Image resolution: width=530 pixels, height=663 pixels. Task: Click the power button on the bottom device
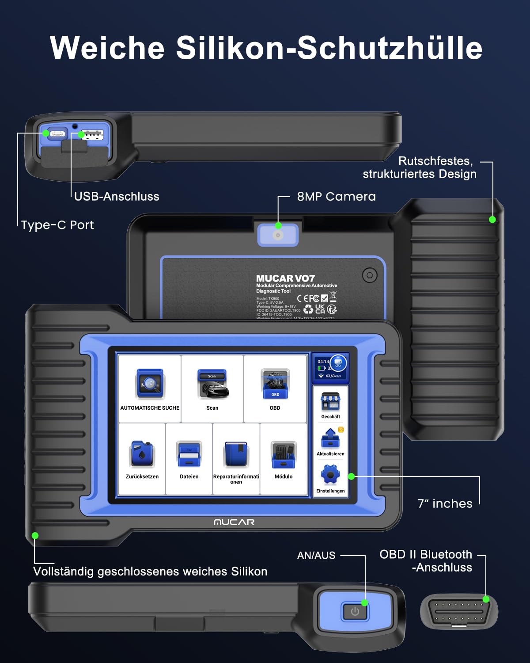point(355,611)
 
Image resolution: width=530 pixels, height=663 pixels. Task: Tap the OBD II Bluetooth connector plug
point(458,612)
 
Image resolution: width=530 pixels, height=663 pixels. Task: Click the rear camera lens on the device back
point(278,235)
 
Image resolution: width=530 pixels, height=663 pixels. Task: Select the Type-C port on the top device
point(57,133)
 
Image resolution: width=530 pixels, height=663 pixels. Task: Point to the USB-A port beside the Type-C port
point(93,134)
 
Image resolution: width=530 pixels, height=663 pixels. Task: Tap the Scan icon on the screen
point(212,384)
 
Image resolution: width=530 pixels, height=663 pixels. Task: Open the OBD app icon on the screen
point(275,384)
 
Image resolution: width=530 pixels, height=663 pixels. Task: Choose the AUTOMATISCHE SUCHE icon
point(150,384)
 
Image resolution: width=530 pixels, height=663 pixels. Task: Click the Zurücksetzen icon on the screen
point(142,454)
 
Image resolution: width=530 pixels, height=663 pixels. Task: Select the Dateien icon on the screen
point(189,454)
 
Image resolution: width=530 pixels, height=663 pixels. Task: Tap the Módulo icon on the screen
point(284,454)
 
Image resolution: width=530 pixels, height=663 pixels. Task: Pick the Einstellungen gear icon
point(330,475)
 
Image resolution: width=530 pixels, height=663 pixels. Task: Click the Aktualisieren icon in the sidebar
point(330,438)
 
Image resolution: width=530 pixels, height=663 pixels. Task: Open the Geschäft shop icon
point(330,402)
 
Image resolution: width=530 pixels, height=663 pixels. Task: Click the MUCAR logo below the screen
point(234,522)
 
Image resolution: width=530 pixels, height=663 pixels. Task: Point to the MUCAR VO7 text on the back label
point(285,278)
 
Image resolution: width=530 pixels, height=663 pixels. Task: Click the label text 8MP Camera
point(336,197)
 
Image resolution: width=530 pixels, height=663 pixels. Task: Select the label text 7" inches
point(445,503)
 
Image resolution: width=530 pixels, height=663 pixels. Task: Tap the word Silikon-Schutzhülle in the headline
point(329,48)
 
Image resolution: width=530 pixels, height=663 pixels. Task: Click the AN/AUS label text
point(316,555)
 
